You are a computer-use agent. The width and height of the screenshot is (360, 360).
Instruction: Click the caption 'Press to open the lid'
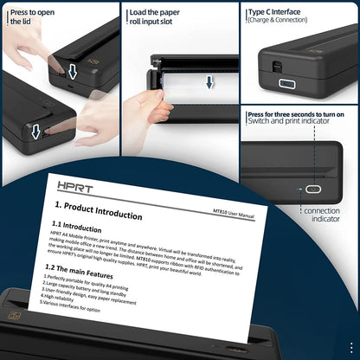coord(35,19)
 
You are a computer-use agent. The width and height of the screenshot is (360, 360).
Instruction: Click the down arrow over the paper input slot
coord(209,82)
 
